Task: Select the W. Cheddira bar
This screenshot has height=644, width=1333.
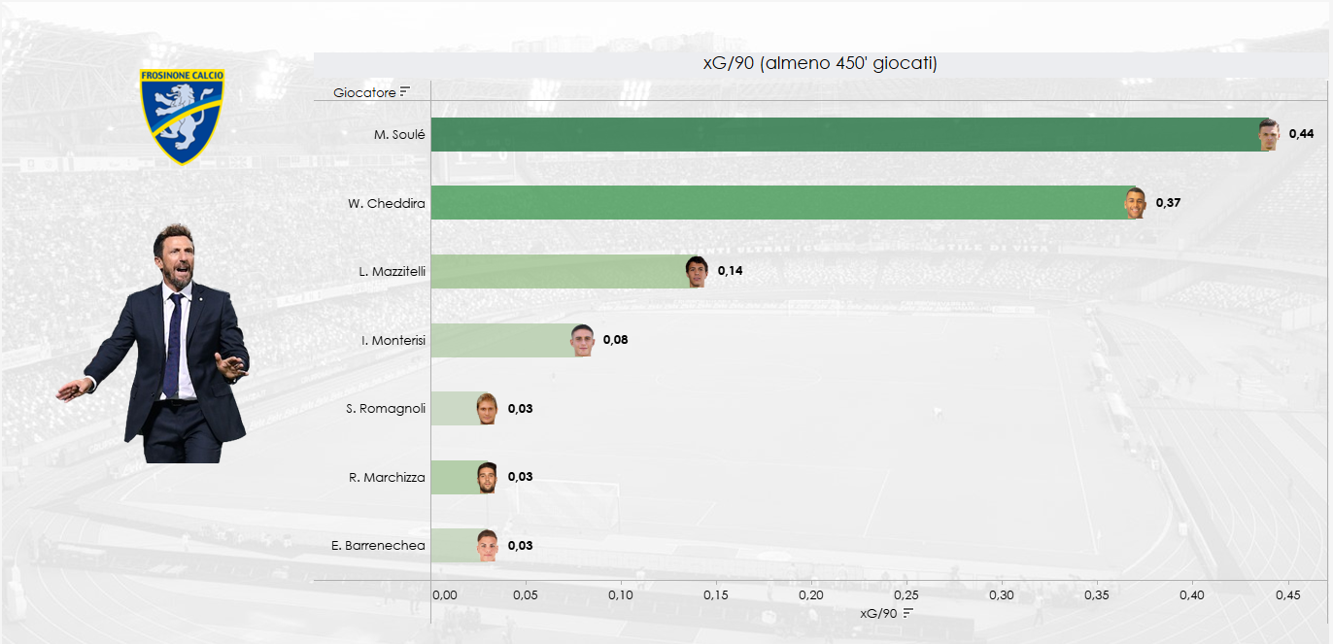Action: tap(777, 203)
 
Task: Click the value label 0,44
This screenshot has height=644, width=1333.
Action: tap(1301, 134)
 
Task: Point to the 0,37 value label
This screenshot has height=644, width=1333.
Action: tap(1168, 203)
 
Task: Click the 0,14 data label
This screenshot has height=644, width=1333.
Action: tap(730, 271)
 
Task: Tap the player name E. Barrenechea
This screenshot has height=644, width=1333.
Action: tap(378, 546)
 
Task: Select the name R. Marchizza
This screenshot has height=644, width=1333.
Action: tap(387, 477)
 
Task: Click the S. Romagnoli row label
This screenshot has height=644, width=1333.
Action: tap(386, 409)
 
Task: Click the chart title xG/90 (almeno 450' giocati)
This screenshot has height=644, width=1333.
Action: tap(819, 64)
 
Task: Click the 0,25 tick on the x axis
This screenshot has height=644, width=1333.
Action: tap(906, 595)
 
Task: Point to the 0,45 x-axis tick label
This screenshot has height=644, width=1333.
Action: tap(1287, 595)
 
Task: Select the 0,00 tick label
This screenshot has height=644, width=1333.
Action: tap(443, 595)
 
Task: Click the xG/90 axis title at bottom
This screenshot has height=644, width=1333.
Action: tap(880, 613)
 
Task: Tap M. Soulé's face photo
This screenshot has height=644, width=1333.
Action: tap(1268, 134)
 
